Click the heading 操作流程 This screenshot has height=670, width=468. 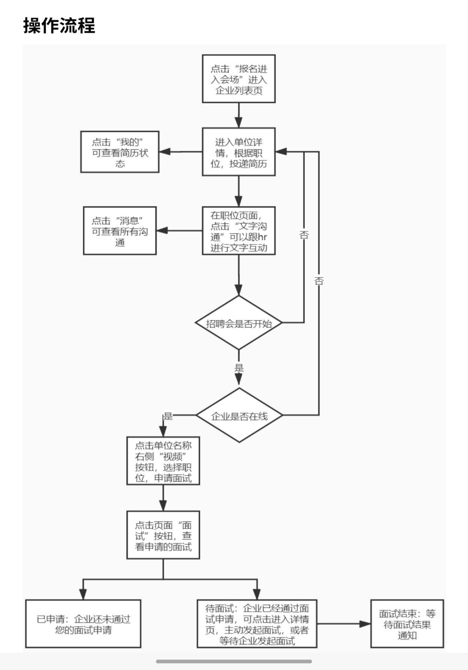59,25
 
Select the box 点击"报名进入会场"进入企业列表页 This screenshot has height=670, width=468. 239,79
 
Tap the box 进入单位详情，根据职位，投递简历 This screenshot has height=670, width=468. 239,152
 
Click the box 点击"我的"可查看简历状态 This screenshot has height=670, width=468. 120,152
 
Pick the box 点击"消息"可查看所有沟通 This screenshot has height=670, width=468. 120,231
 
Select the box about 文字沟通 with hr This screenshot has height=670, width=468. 239,231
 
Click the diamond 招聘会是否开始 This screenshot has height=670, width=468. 239,323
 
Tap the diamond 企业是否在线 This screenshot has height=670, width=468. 239,415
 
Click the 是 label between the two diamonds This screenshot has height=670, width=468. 239,368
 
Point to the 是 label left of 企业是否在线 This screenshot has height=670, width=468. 168,416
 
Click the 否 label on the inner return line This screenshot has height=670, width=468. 304,235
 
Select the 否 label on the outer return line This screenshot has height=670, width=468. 319,281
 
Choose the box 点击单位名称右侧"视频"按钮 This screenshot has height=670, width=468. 163,461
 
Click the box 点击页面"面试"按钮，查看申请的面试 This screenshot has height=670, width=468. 163,535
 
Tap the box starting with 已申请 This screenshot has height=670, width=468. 83,624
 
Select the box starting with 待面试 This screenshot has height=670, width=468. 257,624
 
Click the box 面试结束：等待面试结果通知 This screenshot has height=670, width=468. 407,624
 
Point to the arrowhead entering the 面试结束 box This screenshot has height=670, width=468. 365,624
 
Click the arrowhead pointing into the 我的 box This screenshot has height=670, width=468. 165,152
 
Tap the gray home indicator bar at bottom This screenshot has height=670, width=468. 234,661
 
